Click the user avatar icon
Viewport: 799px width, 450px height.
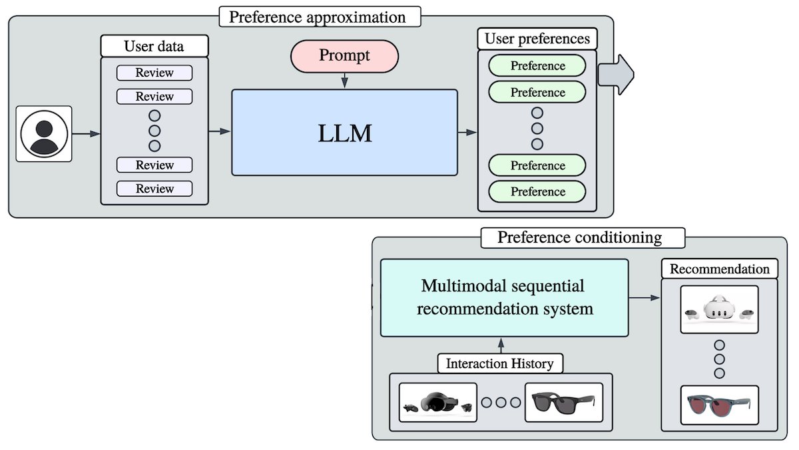[44, 134]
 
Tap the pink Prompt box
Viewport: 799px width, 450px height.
[344, 55]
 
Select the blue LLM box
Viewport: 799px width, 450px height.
[344, 133]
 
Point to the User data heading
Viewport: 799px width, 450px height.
[154, 46]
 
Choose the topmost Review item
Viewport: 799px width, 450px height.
[154, 73]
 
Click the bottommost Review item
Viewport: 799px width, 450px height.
[154, 189]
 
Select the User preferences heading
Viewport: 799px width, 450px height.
[537, 39]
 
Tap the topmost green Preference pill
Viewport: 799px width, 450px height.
[537, 66]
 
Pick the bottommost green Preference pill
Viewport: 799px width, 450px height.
[537, 191]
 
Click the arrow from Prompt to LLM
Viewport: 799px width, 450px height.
[344, 81]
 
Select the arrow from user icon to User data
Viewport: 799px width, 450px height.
[86, 134]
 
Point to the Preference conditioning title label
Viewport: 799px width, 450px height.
[580, 237]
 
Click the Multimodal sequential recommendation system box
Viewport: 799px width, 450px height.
[504, 297]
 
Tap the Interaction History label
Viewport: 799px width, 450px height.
[500, 364]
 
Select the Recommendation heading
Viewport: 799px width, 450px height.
[719, 269]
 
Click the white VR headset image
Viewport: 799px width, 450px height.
[719, 309]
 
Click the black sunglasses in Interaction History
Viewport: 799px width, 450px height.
[563, 402]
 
